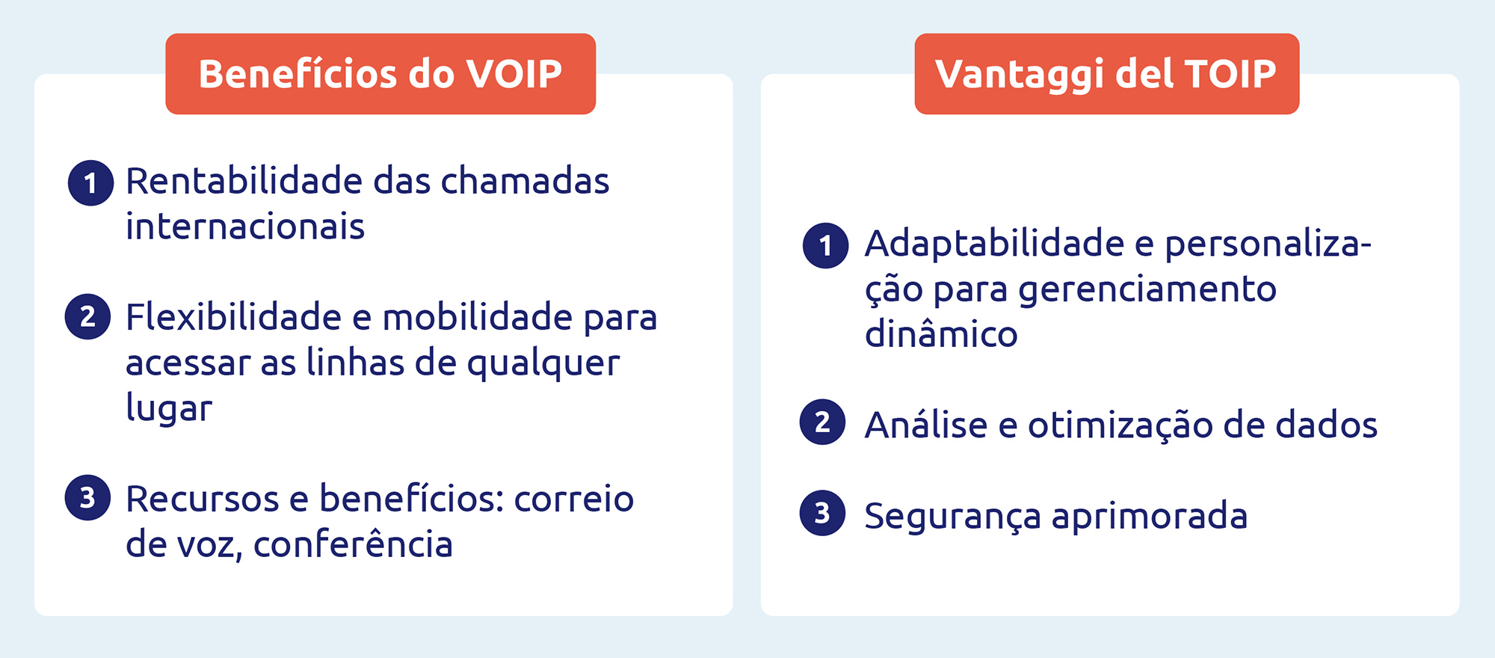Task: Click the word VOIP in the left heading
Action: [x=514, y=74]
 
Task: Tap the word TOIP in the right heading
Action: [x=1230, y=74]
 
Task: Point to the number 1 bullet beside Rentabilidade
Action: [x=90, y=182]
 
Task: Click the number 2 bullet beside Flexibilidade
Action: [x=87, y=316]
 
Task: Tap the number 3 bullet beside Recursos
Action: [x=87, y=497]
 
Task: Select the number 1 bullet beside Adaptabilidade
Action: [x=825, y=245]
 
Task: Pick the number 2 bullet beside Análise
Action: [x=822, y=422]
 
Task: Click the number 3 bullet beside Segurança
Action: [x=822, y=513]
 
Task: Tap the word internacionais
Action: [x=245, y=227]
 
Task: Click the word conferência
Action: [x=353, y=544]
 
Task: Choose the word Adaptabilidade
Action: [x=994, y=244]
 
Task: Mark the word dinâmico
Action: [x=941, y=333]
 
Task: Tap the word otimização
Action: [x=1121, y=425]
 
